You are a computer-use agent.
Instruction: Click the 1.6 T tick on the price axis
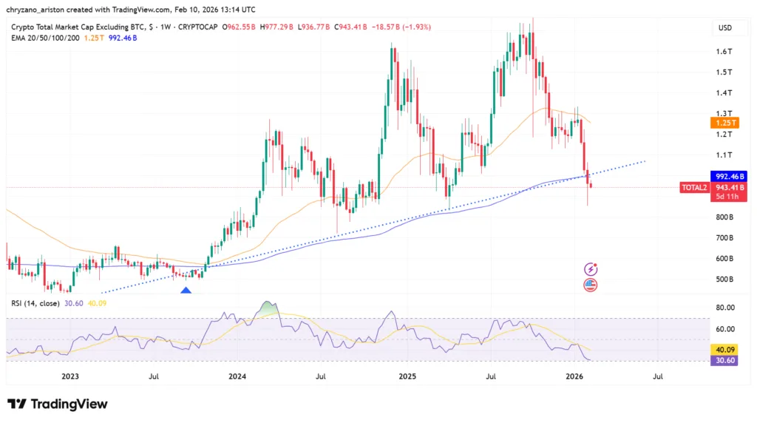point(724,51)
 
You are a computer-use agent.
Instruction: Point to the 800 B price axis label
point(724,217)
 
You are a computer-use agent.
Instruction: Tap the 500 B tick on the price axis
point(724,280)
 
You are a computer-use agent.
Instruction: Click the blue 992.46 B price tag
point(729,177)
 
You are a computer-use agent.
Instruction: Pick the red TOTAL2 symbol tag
point(694,188)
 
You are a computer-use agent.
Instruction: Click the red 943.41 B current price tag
point(729,188)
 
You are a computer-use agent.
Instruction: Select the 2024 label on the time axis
point(237,376)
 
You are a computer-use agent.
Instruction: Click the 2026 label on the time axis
point(576,376)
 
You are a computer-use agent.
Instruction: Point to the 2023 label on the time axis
point(69,376)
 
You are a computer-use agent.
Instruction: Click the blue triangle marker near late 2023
point(186,291)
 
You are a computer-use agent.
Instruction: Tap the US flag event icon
point(591,284)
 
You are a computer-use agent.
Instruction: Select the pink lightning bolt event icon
point(591,269)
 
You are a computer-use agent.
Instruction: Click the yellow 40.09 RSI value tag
point(727,349)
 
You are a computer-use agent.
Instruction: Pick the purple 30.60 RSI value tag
point(727,359)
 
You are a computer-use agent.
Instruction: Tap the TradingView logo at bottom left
point(58,404)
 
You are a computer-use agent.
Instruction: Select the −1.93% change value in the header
point(416,27)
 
